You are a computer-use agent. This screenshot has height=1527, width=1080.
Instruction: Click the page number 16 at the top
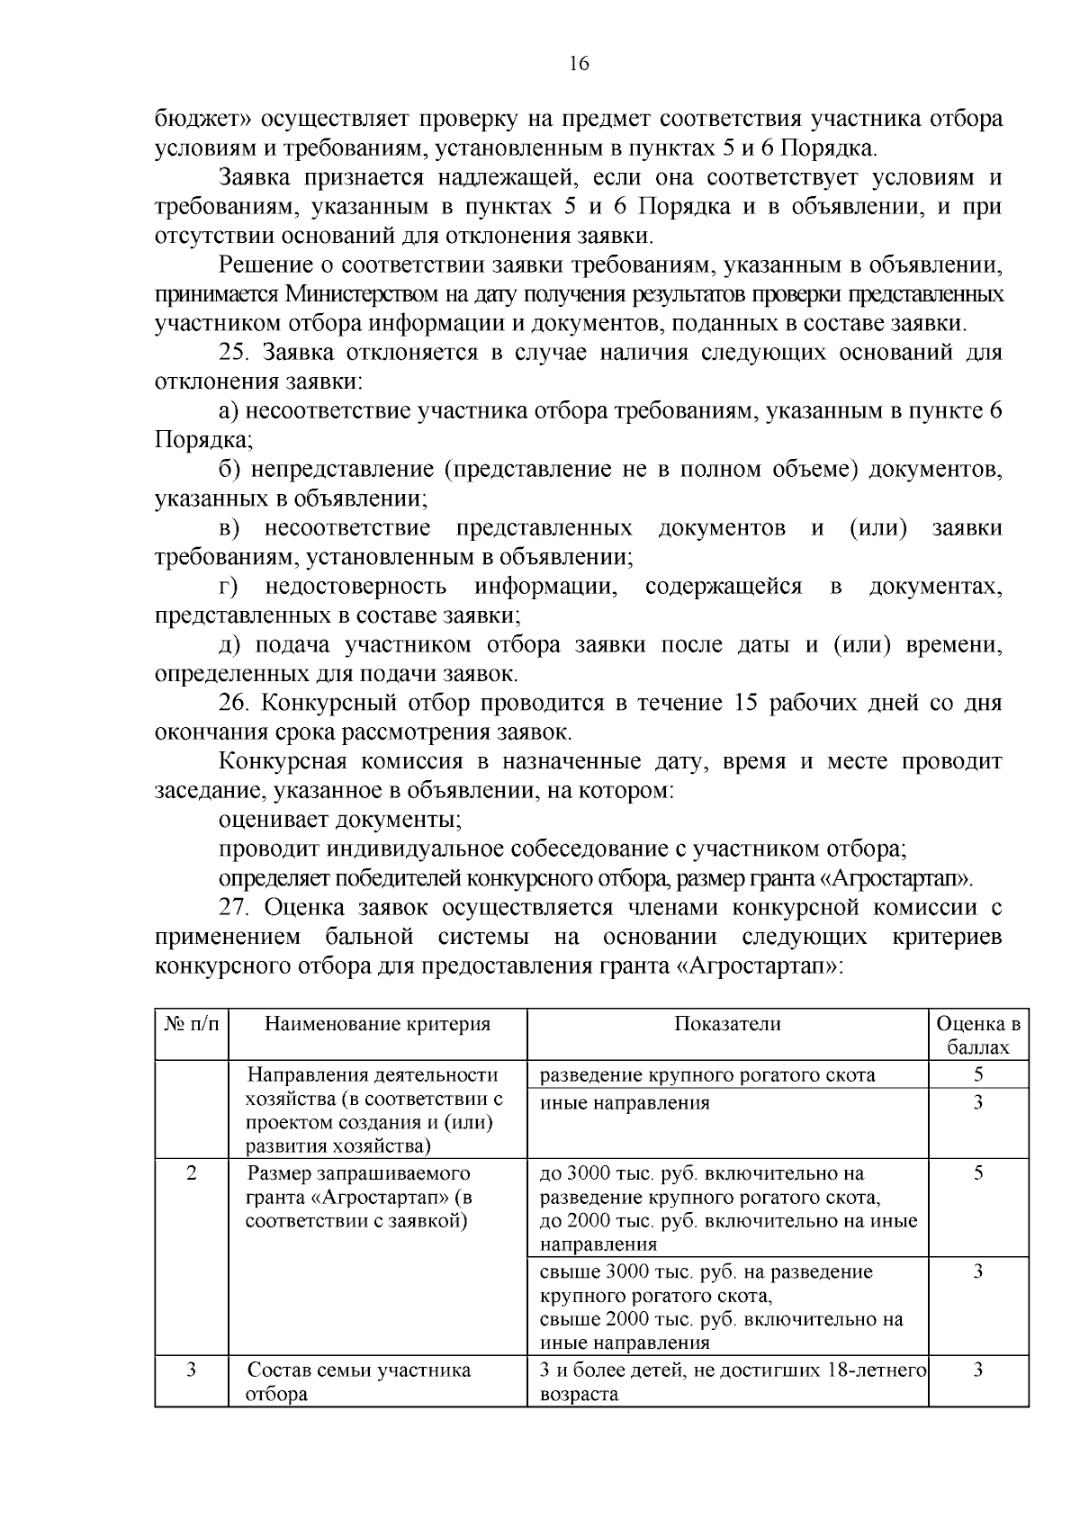[579, 63]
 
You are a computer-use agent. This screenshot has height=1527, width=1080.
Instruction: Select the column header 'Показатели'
[727, 1024]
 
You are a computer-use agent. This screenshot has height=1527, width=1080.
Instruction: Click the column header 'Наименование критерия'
[377, 1024]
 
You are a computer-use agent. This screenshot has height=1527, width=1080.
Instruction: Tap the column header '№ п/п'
[191, 1024]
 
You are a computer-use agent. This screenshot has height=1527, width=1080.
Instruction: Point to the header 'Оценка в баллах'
[978, 1036]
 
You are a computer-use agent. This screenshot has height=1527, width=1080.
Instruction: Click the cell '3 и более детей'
[732, 1382]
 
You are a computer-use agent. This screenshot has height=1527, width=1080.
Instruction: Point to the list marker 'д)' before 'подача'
[230, 645]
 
